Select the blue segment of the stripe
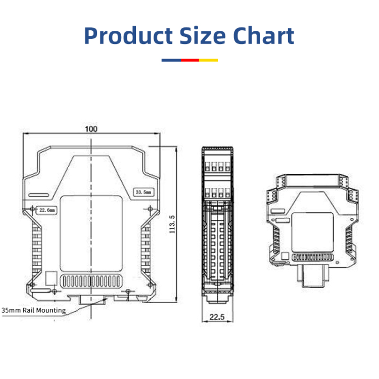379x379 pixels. pyautogui.click(x=171, y=60)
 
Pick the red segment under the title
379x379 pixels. pyautogui.click(x=189, y=60)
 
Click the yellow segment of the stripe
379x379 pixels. pyautogui.click(x=208, y=60)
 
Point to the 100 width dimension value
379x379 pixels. pyautogui.click(x=91, y=129)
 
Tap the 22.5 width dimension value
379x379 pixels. pyautogui.click(x=216, y=317)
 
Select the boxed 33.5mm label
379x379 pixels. pyautogui.click(x=143, y=192)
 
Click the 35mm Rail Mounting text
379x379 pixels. pyautogui.click(x=34, y=310)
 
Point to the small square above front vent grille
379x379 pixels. pyautogui.click(x=51, y=277)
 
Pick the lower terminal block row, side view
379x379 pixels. pyautogui.click(x=216, y=192)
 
